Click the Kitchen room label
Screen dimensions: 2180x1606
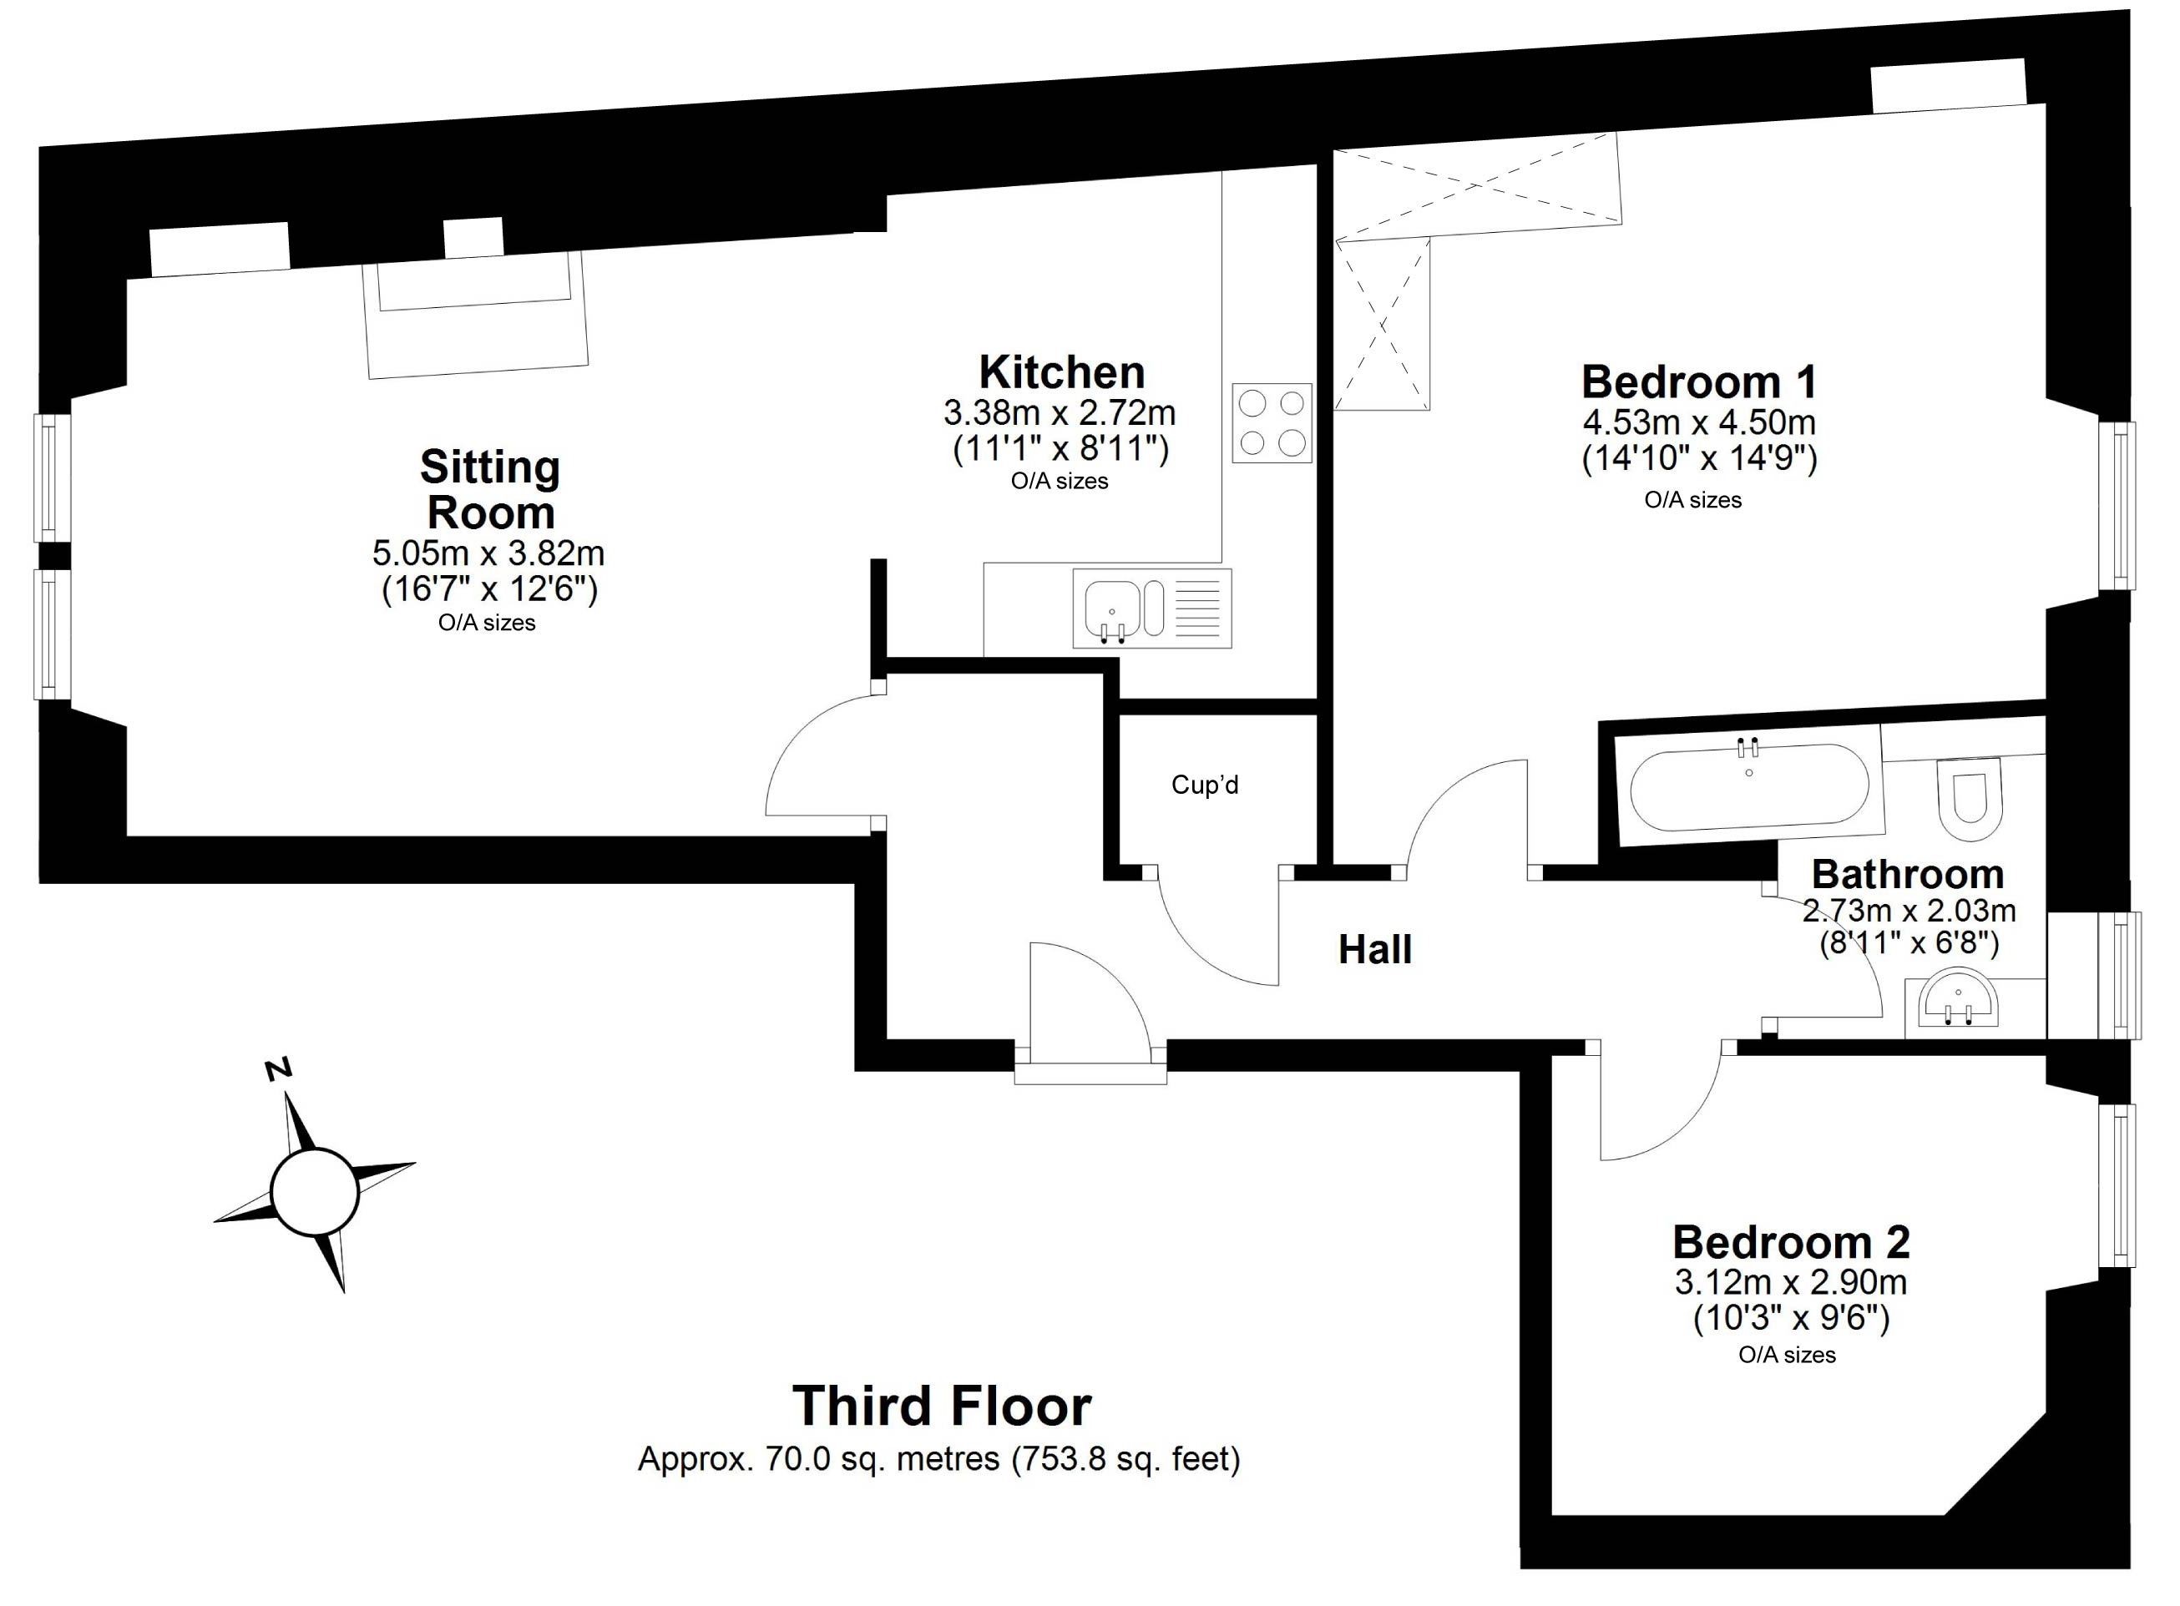1061,372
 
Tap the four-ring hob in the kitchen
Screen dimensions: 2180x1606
1272,423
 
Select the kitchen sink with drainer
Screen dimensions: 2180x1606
1152,609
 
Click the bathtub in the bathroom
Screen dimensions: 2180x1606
1748,786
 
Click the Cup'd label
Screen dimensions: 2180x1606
1205,785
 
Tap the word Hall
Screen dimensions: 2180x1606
1375,949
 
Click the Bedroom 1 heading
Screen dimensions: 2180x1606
1699,381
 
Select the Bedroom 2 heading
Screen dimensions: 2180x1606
1791,1242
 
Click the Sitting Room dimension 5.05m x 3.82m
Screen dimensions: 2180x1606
488,553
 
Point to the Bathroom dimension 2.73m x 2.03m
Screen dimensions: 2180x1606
1909,911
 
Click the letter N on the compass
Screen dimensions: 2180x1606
279,1069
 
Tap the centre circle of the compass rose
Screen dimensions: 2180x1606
315,1192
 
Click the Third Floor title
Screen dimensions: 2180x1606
942,1405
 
